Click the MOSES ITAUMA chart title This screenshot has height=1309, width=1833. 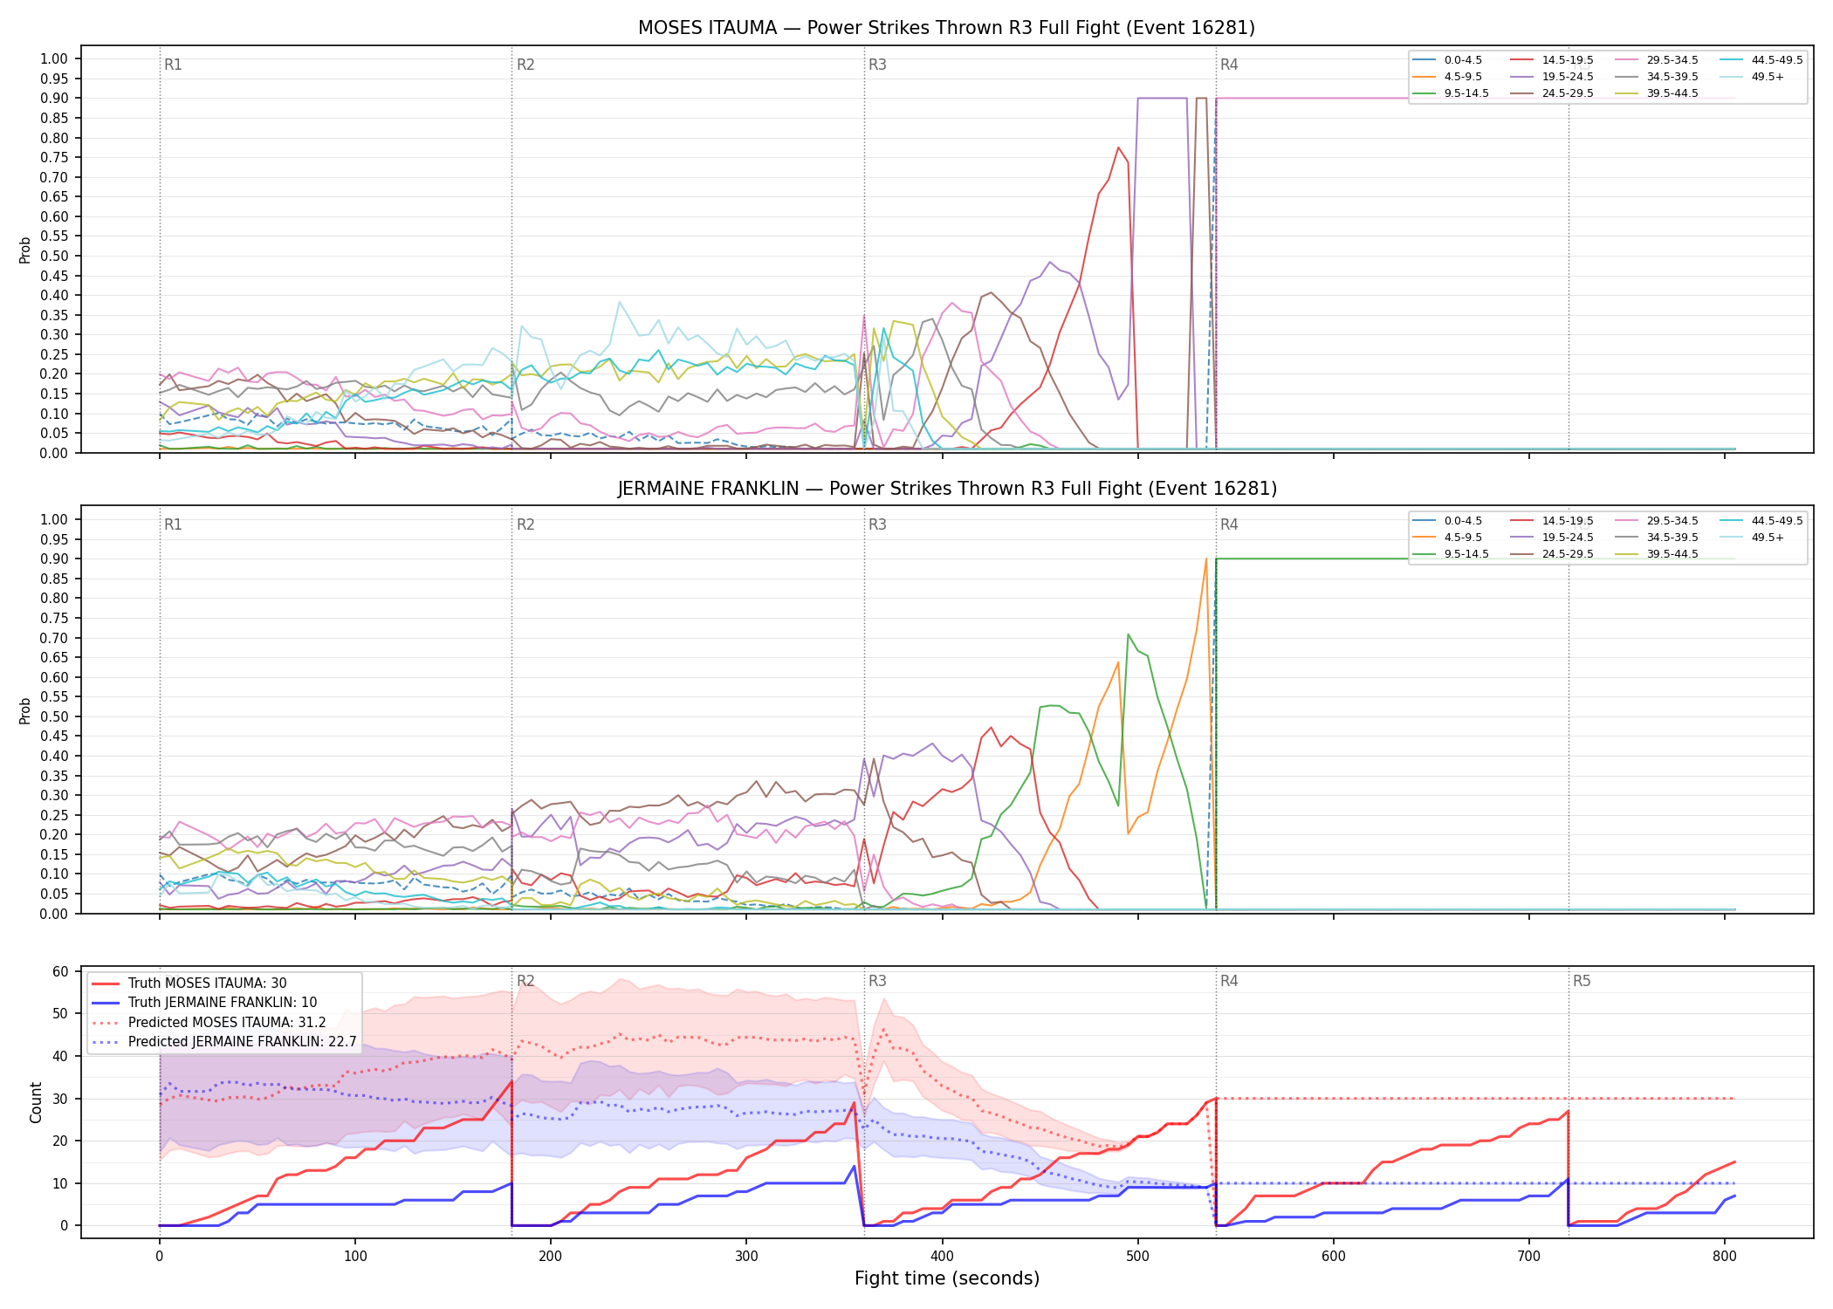946,28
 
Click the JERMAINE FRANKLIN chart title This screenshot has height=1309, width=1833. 946,489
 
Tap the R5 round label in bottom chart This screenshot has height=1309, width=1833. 1582,981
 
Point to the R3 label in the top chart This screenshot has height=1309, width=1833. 877,65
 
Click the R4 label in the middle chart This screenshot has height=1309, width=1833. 1229,524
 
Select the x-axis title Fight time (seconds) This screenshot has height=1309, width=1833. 947,1278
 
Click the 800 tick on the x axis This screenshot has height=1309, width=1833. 1725,1256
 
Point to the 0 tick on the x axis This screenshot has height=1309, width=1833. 160,1256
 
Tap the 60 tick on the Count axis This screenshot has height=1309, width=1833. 60,971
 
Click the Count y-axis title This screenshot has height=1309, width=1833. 36,1102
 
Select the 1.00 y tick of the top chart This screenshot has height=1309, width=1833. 54,59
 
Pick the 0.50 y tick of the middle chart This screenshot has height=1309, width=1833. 54,716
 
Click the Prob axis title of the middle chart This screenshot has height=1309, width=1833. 25,710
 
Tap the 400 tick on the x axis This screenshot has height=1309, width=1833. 943,1256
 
